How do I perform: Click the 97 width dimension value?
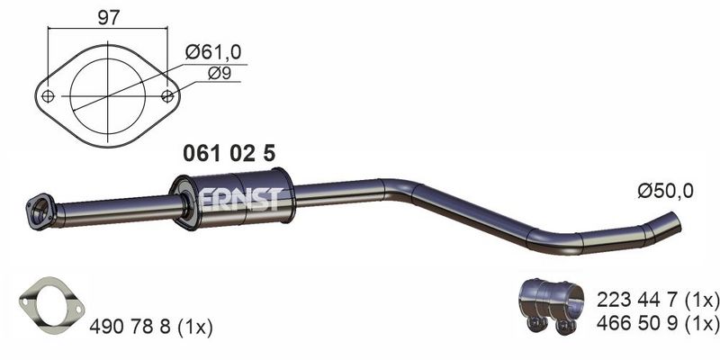pos(108,18)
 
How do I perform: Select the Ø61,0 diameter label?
pos(213,52)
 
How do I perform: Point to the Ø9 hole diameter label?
pos(219,73)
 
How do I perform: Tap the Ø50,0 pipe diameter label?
pos(665,191)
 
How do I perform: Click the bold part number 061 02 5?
pos(229,153)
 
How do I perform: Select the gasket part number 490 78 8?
pos(131,327)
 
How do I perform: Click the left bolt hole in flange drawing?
pos(48,96)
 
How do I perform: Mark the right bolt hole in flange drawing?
pos(168,96)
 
